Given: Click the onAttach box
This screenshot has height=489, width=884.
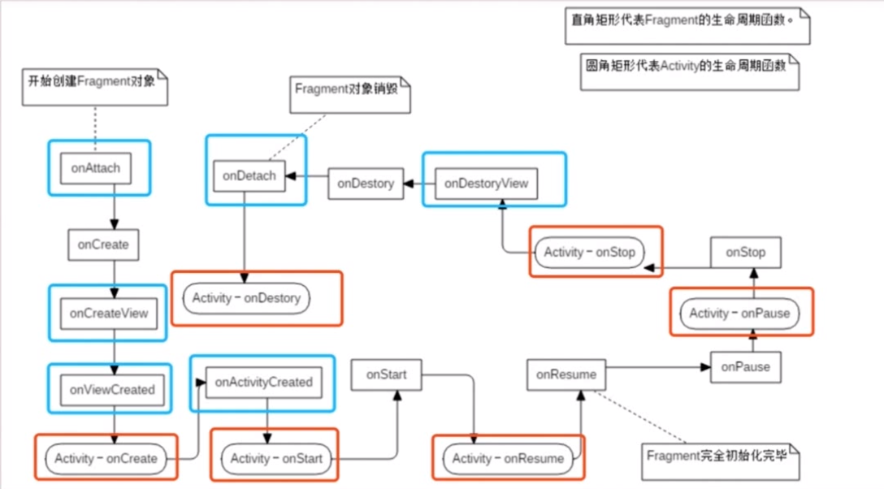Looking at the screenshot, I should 96,168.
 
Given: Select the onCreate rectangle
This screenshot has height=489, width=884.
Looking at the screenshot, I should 103,244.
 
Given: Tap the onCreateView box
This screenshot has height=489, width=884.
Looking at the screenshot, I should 109,313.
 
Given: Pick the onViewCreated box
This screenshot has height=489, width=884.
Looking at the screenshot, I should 111,390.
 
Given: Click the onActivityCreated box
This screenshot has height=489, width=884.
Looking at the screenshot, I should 258,382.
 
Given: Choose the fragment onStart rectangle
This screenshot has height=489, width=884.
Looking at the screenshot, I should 386,374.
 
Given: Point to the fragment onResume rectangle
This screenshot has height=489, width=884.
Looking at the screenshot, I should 566,374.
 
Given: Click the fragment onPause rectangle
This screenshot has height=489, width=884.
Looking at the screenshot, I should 745,366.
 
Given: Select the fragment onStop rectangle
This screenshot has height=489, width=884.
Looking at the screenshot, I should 745,252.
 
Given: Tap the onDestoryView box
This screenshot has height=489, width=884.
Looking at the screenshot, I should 486,183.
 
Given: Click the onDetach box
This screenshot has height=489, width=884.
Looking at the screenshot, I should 249,175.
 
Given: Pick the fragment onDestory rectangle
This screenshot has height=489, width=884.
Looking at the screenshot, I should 366,184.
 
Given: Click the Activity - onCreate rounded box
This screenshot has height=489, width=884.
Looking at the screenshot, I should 106,458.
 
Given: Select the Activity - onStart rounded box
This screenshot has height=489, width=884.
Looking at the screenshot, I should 275,458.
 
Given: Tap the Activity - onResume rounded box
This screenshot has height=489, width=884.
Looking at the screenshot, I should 508,458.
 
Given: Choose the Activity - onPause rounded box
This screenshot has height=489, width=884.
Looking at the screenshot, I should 739,313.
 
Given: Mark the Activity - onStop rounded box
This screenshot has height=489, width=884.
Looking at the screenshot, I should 589,252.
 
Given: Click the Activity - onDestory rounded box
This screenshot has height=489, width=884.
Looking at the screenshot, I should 246,298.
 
